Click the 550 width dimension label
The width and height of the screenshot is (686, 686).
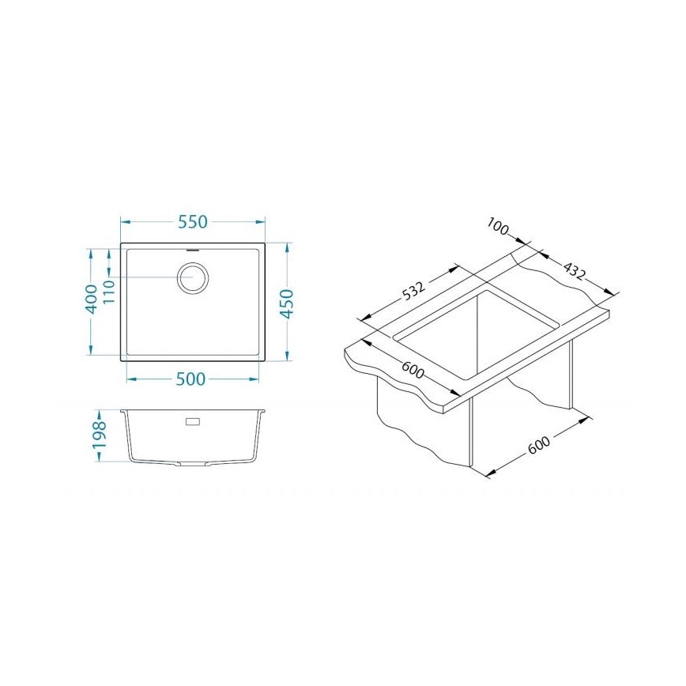(x=192, y=222)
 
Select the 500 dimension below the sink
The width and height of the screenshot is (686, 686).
(x=190, y=379)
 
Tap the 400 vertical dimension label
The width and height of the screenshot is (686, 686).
(x=92, y=299)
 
